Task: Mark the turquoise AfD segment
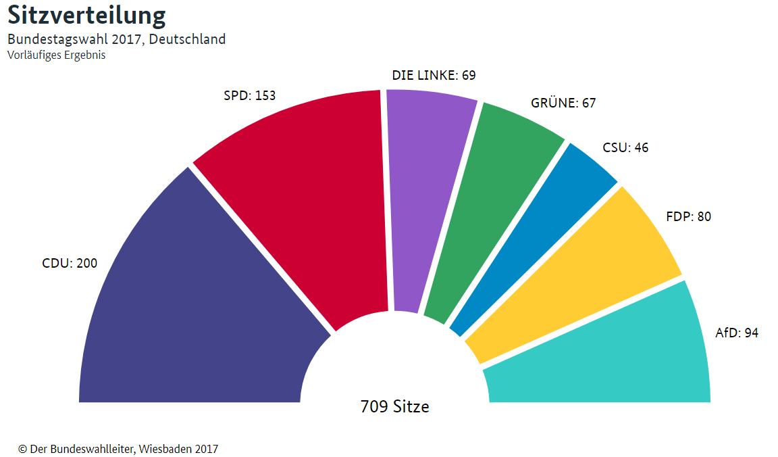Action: click(x=608, y=358)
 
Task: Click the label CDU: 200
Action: click(x=70, y=264)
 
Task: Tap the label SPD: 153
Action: click(x=250, y=96)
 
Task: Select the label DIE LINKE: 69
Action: click(x=434, y=76)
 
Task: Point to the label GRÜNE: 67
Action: click(x=564, y=103)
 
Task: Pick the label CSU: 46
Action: click(x=625, y=147)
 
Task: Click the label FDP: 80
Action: click(x=688, y=217)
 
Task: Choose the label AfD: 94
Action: click(x=737, y=333)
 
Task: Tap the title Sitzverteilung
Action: click(x=86, y=16)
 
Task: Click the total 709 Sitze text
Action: click(x=395, y=407)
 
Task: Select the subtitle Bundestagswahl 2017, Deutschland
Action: click(x=116, y=39)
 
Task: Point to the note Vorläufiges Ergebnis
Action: click(x=56, y=55)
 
